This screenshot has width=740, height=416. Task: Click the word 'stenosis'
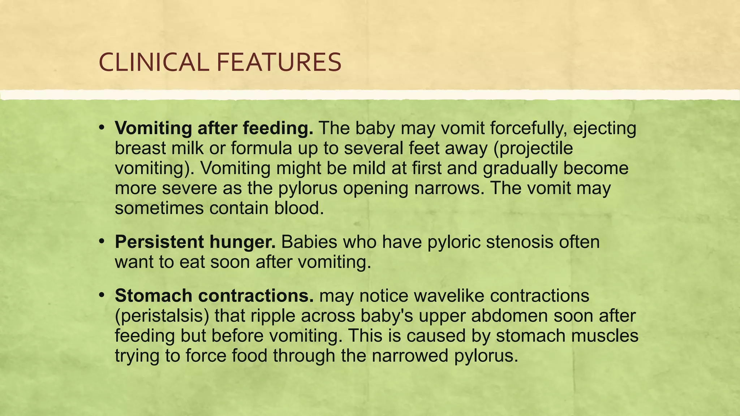[x=520, y=242]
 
